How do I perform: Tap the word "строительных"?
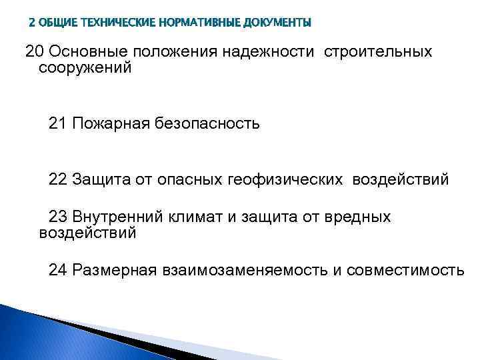pos(378,52)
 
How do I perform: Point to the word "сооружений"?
pos(85,68)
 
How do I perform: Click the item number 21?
pos(58,124)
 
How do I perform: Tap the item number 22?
pos(58,180)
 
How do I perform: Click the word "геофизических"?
pos(286,180)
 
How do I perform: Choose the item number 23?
pos(58,217)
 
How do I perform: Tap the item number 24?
pos(58,270)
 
